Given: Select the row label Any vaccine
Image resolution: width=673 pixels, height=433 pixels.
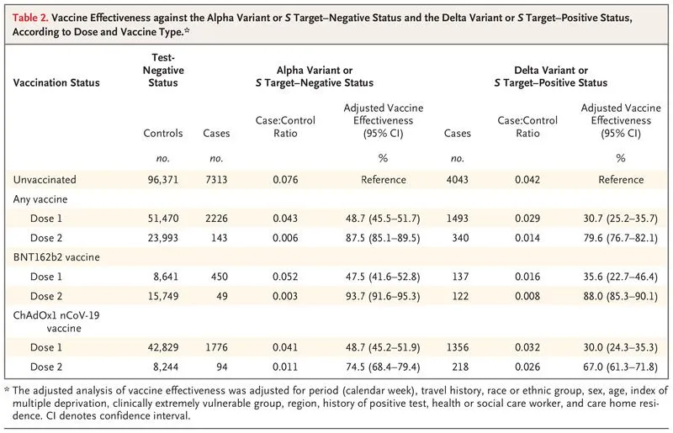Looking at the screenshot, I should (39, 198).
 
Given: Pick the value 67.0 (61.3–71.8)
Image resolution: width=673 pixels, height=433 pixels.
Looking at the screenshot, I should (621, 367).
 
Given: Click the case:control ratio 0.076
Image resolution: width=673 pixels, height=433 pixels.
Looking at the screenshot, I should (285, 179).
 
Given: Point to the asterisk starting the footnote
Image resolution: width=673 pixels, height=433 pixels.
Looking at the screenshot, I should (8, 390).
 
